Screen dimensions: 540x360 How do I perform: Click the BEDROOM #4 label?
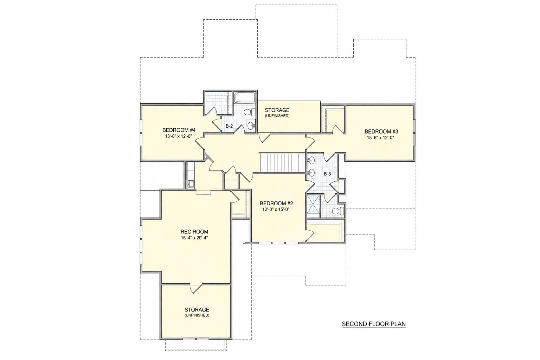[x=179, y=130]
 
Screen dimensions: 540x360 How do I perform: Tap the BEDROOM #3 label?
[x=381, y=131]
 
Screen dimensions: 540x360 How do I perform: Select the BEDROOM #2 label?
[x=276, y=204]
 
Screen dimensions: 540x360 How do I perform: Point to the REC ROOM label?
[x=194, y=232]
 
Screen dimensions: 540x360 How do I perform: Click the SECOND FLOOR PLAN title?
[x=374, y=324]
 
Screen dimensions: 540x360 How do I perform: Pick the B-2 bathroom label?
[x=229, y=126]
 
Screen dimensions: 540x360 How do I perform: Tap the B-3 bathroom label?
[x=327, y=174]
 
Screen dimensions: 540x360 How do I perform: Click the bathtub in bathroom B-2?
[x=245, y=97]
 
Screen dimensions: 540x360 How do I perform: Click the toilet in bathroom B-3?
[x=338, y=211]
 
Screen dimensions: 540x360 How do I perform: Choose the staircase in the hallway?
[x=282, y=163]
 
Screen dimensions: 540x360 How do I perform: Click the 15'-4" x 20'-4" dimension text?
[x=194, y=238]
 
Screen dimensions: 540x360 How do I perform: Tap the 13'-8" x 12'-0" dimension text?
[x=178, y=136]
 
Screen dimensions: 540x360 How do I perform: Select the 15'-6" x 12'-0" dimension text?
[x=380, y=138]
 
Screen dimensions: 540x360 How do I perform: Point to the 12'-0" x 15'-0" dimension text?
[x=276, y=210]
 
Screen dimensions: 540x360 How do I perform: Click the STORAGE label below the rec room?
[x=197, y=310]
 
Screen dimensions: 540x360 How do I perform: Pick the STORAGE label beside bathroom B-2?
[x=277, y=110]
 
